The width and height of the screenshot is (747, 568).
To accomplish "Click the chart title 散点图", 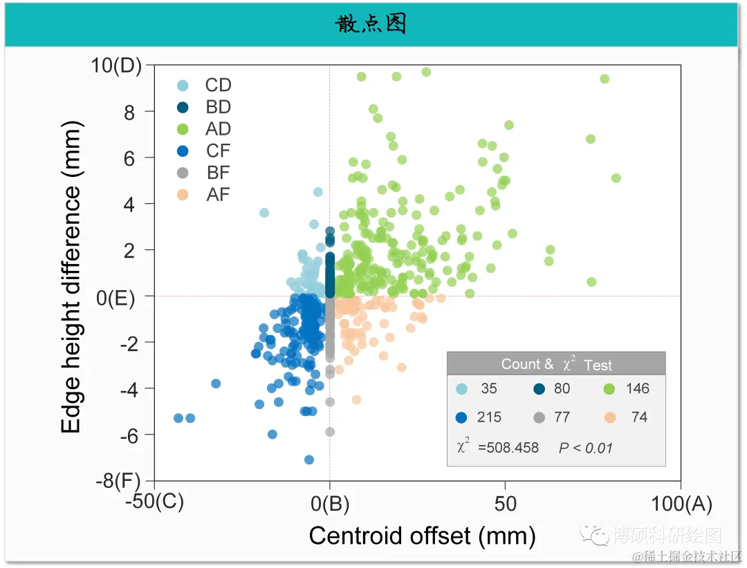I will (x=371, y=24).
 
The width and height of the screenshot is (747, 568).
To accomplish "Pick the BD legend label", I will (x=218, y=107).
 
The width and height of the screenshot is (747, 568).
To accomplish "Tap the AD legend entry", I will (x=218, y=129).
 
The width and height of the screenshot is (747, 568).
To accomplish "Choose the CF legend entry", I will (x=218, y=151).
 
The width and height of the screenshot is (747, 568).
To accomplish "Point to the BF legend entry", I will (x=218, y=173).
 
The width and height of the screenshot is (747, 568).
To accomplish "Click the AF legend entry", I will (x=218, y=196).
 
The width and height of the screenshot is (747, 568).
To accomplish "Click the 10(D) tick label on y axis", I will (x=116, y=66).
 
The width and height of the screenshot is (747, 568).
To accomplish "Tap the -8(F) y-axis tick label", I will (x=118, y=481).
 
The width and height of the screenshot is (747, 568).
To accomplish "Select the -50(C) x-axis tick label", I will (x=154, y=504).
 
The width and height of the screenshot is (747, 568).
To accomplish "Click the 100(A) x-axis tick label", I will (x=681, y=504).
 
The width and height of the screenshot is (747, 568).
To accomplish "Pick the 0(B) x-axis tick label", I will (x=330, y=504).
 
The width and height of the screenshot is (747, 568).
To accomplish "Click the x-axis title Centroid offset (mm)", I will (x=422, y=536).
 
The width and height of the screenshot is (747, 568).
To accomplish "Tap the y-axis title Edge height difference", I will (x=72, y=276).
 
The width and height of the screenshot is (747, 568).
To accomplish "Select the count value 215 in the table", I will (x=489, y=417).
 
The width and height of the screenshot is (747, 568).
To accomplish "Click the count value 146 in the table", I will (x=637, y=388).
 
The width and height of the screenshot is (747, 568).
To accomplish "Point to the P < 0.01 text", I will (x=585, y=448).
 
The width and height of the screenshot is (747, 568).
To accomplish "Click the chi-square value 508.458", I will (x=508, y=448).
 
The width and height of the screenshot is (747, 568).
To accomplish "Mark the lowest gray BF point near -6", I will (x=330, y=432).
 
